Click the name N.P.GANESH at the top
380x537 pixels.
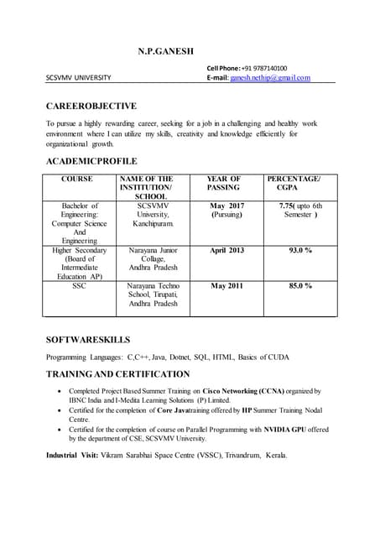[x=171, y=53]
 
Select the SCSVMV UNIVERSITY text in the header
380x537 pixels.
[x=78, y=77]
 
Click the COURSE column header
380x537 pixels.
[x=77, y=179]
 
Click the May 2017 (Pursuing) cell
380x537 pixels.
[x=226, y=210]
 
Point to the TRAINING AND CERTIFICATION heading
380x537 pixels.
[x=117, y=373]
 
